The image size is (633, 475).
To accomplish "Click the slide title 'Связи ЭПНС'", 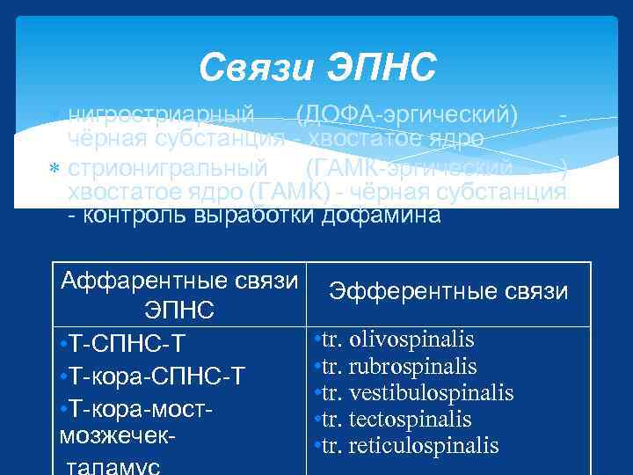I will click(316, 66).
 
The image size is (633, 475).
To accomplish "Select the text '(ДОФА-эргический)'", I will click(407, 115).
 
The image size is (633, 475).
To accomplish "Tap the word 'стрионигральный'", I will click(168, 167).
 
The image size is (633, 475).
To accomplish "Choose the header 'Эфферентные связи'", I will click(448, 291).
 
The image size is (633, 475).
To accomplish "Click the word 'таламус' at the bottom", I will click(111, 465).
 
